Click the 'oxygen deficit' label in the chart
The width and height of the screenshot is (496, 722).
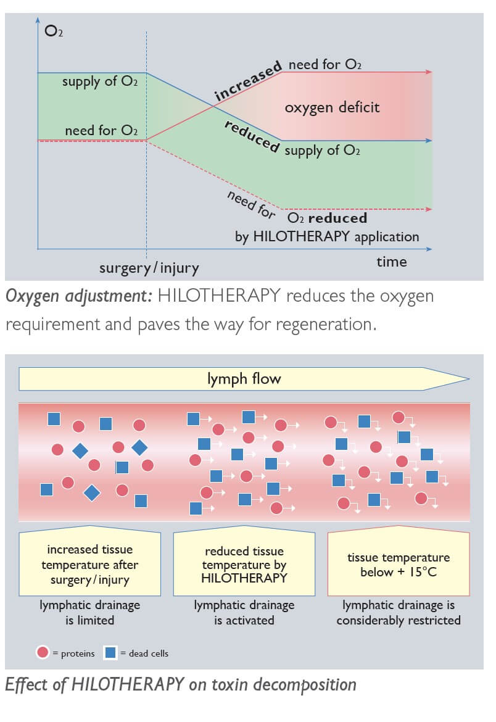332,107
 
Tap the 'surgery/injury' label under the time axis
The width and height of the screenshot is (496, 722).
149,268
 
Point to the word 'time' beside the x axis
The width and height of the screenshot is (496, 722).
392,262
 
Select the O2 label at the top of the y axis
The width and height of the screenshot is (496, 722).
54,30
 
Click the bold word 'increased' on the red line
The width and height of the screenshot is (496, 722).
248,81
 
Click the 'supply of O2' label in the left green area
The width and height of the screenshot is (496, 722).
99,81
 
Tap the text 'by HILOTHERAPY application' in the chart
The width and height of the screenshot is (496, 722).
327,236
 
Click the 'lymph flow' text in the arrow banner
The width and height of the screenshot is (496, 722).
244,379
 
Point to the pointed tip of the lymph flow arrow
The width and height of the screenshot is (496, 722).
468,379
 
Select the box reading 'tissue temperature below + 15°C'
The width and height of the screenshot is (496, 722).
399,565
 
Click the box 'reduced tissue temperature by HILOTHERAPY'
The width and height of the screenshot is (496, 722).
244,565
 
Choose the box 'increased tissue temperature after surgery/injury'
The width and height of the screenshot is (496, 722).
90,565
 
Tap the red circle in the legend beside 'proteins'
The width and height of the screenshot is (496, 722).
43,652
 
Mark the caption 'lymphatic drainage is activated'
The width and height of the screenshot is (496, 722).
244,613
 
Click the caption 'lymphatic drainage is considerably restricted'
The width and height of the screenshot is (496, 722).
399,613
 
